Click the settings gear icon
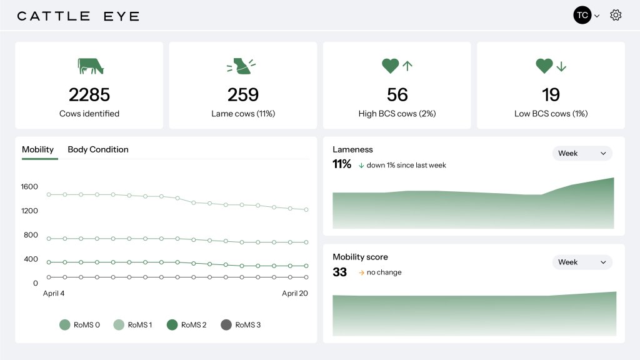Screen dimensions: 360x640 click(x=616, y=16)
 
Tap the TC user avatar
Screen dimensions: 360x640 click(x=582, y=16)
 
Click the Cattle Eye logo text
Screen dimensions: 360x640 click(x=78, y=16)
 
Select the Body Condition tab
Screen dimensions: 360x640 click(x=98, y=149)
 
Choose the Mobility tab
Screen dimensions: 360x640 click(x=38, y=149)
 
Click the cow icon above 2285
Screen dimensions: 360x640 click(x=90, y=66)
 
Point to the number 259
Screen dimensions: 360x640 click(x=243, y=95)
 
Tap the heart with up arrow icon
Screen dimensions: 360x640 click(x=397, y=66)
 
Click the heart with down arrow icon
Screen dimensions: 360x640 click(x=551, y=66)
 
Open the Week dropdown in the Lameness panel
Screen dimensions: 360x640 click(x=582, y=153)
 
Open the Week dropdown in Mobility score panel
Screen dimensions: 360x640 click(x=582, y=262)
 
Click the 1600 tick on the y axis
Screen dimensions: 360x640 click(x=30, y=186)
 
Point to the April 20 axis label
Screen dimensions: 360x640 click(x=295, y=293)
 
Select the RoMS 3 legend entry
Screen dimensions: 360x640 click(x=241, y=325)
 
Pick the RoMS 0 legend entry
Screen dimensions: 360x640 click(x=80, y=325)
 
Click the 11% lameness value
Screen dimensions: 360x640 click(x=342, y=164)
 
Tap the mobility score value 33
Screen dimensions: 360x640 click(x=340, y=272)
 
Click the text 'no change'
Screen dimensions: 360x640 click(x=384, y=272)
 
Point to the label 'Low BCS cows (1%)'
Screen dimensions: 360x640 click(x=551, y=114)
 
